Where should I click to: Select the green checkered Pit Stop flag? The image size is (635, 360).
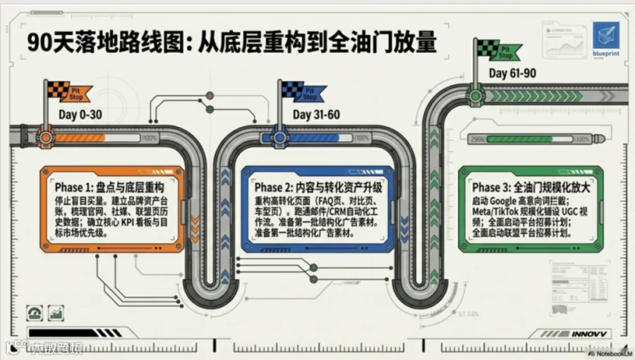pos(493,50)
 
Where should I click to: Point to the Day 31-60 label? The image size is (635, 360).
pos(317,114)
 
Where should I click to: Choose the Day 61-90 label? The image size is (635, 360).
pos(512,73)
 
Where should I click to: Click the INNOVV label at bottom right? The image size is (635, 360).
pos(591,333)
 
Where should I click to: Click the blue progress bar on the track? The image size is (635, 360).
pos(310,138)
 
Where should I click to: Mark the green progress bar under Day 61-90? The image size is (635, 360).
pos(526,139)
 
